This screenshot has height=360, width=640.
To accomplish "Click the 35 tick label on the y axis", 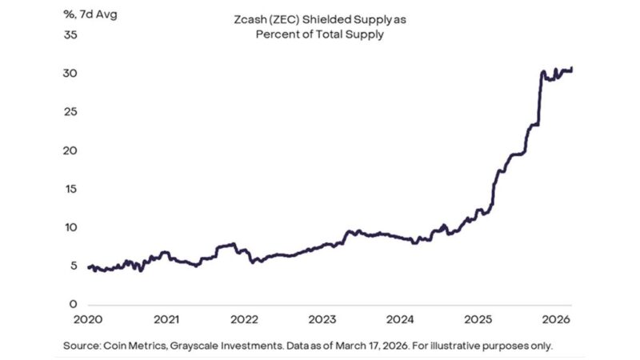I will [70, 35].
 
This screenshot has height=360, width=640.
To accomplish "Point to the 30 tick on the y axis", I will [70, 74].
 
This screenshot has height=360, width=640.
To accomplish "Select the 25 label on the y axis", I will [70, 112].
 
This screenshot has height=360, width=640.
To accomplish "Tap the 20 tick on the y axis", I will [70, 150].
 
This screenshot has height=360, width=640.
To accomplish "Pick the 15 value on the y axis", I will [70, 190].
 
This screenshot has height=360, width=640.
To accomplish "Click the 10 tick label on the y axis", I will [70, 228].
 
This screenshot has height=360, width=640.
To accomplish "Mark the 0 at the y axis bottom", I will [73, 305].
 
